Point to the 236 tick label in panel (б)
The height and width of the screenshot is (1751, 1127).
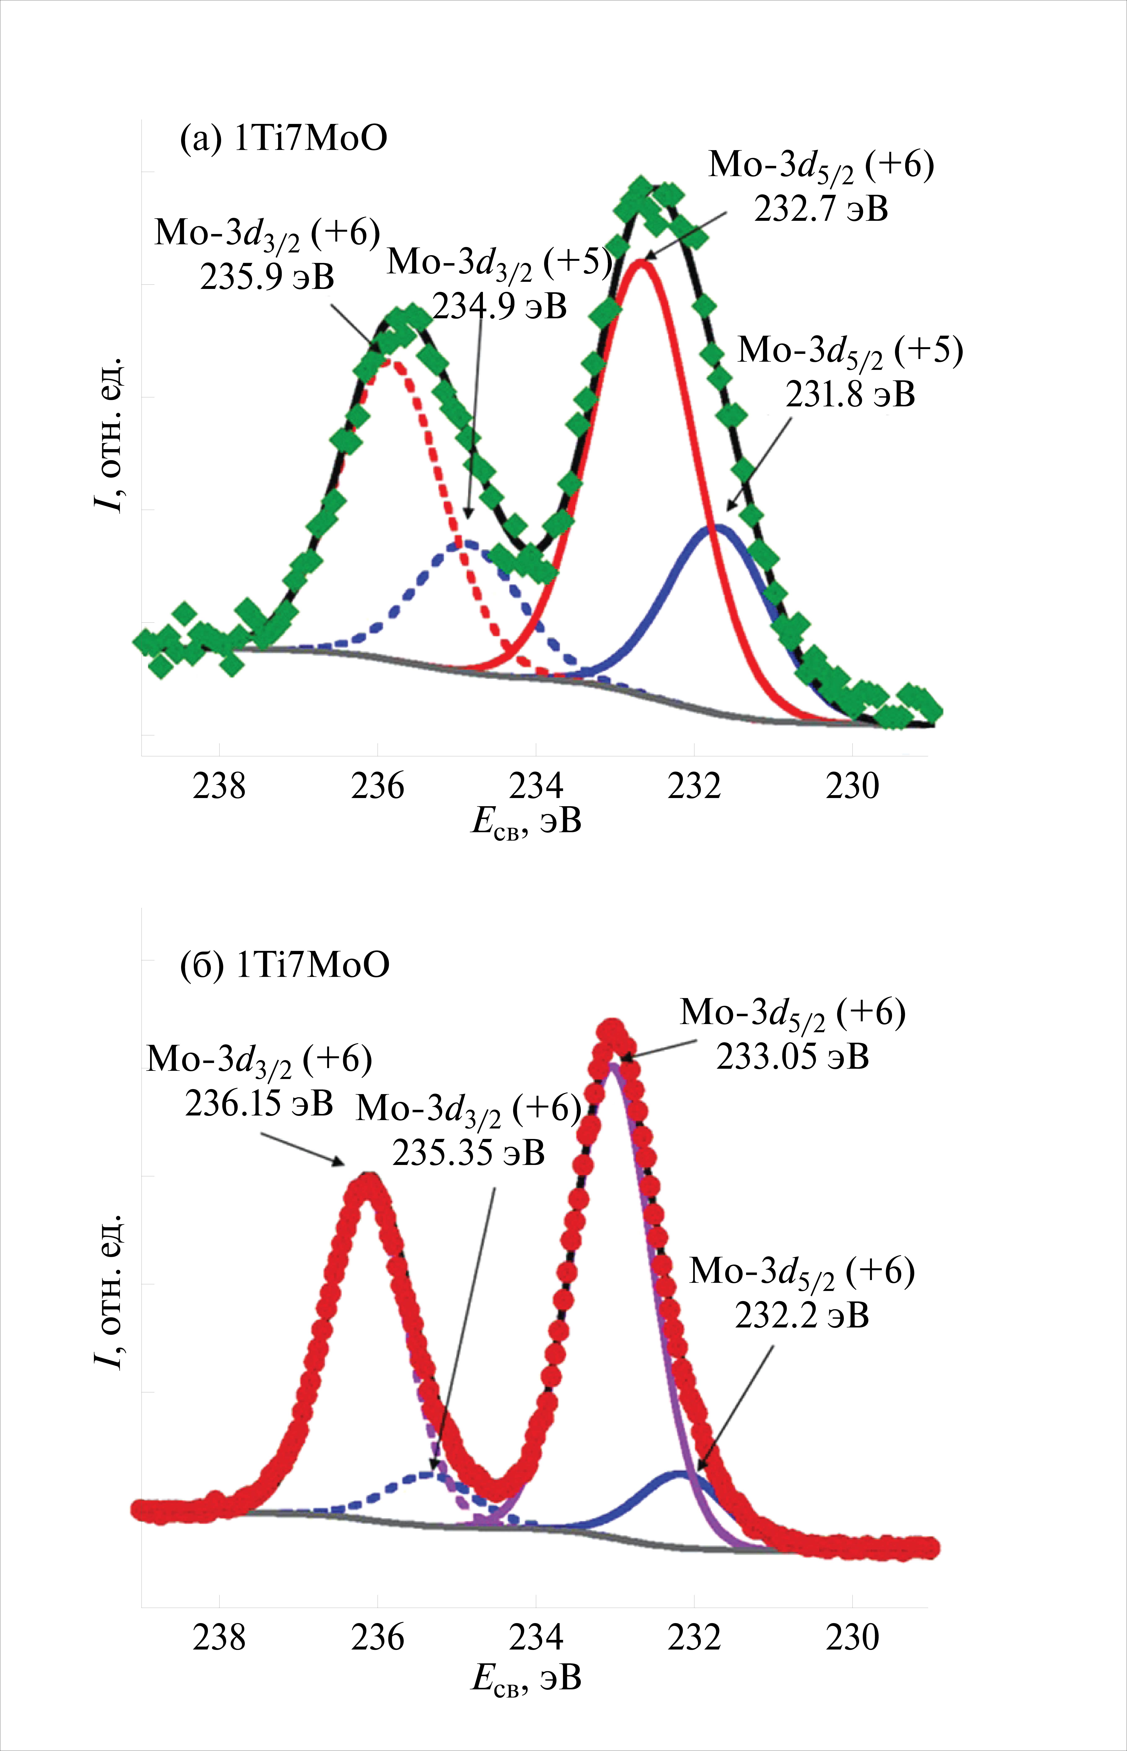click(x=378, y=1638)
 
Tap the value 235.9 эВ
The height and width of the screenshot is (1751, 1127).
click(x=267, y=277)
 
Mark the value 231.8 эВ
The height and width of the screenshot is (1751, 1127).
click(x=850, y=395)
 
